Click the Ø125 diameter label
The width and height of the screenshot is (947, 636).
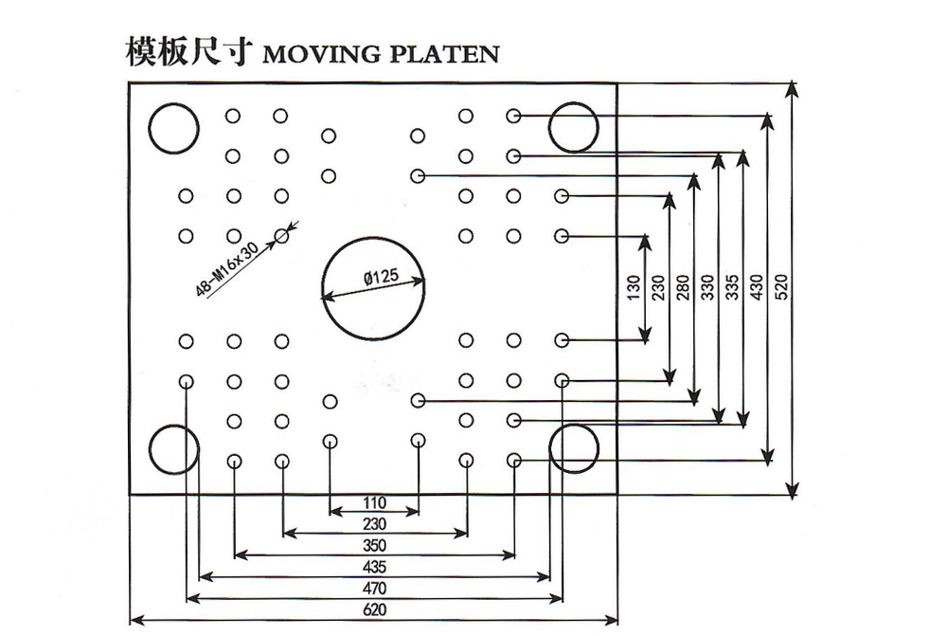point(380,278)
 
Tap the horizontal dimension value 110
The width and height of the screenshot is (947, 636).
point(374,501)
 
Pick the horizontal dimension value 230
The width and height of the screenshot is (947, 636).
point(374,522)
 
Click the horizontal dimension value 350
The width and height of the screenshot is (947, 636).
point(374,544)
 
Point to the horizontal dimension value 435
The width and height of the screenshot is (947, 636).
point(374,567)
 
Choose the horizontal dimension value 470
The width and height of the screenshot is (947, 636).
point(374,589)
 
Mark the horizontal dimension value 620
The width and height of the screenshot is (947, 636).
point(374,611)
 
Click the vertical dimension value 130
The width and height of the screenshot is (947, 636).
point(634,287)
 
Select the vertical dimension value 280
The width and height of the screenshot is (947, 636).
point(684,287)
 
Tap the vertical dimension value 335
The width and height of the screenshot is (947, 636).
point(732,287)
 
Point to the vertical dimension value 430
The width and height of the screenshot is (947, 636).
point(757,287)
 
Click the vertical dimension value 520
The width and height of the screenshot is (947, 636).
point(781,287)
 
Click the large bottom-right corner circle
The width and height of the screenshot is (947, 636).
point(574,448)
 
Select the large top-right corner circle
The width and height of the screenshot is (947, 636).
point(574,127)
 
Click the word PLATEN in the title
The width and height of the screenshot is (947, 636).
point(444,54)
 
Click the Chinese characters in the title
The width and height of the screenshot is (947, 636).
point(187,51)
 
